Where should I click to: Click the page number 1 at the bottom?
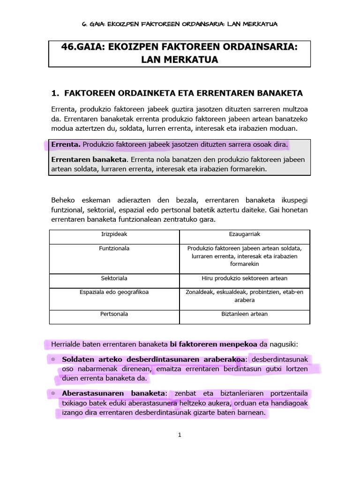point(180,435)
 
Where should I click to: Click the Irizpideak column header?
point(114,233)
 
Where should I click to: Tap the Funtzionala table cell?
point(114,248)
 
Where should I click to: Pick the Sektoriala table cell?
point(114,278)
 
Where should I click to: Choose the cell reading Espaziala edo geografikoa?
point(114,292)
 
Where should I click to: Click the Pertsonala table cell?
point(114,314)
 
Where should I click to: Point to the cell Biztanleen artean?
point(244,314)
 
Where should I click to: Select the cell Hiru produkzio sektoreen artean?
point(244,278)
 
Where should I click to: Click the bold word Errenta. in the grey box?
point(66,145)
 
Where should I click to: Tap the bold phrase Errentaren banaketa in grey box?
point(83,160)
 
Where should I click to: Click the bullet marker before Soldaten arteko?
point(53,359)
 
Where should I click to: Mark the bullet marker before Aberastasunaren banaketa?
point(53,393)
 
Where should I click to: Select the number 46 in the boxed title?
point(67,48)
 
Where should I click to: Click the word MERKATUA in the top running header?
point(264,24)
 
